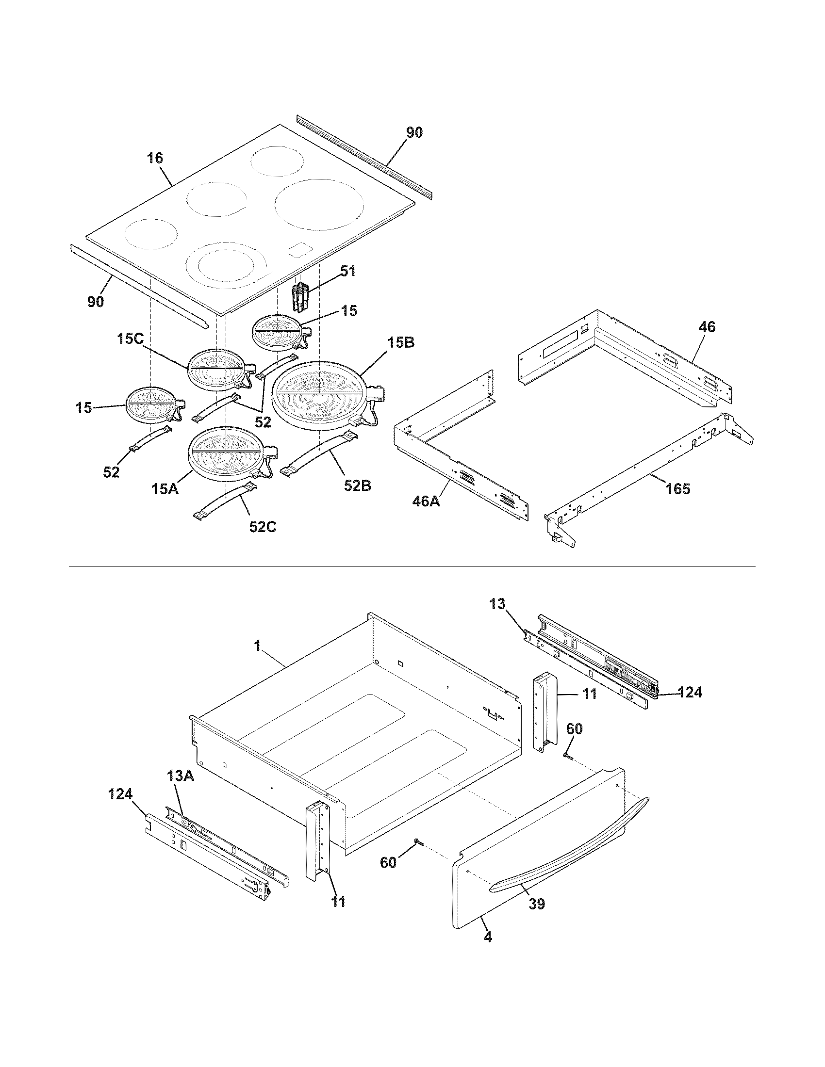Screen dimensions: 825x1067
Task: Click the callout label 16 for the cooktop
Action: (155, 158)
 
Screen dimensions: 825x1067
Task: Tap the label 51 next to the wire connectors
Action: (348, 271)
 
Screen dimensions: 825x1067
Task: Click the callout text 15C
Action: (130, 339)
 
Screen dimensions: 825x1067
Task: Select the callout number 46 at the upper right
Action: (707, 327)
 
